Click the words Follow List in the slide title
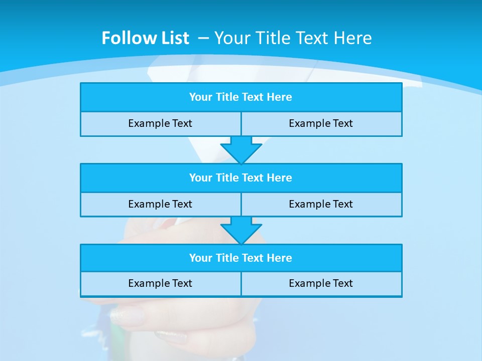(145, 38)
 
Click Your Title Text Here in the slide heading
(293, 38)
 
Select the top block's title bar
(241, 97)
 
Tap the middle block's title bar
(241, 177)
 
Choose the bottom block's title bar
(241, 258)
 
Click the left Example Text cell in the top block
(160, 123)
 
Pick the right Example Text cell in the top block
(321, 123)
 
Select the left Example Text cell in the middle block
(160, 204)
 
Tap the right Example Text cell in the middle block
(321, 204)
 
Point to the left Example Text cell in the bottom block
(160, 283)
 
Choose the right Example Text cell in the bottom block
(321, 283)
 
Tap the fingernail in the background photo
(127, 316)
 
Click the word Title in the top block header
(226, 97)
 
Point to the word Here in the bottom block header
(279, 258)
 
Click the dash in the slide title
(203, 38)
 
